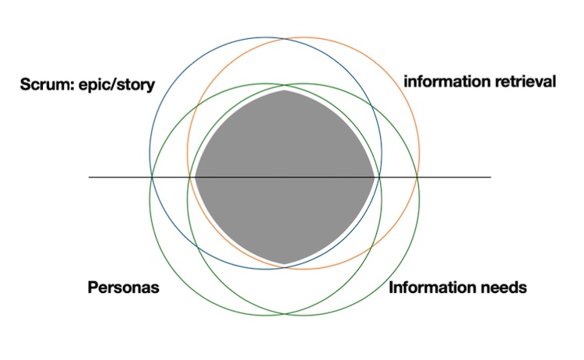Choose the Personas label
[122, 288]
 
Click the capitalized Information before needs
[431, 288]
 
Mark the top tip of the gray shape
[285, 90]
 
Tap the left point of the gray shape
[194, 178]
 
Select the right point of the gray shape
[377, 178]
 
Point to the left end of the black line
[90, 178]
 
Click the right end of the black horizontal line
[491, 178]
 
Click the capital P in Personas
[90, 288]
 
